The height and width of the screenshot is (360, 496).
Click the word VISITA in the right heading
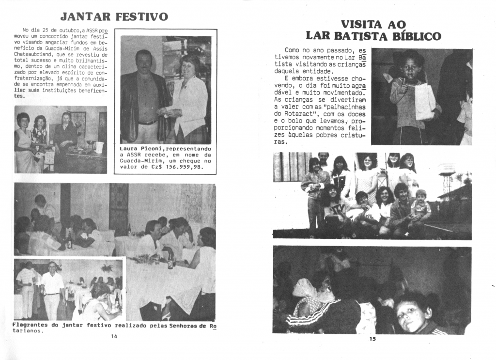tap(361, 25)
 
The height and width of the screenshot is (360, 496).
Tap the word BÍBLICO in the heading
tap(418, 36)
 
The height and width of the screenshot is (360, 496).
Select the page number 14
tap(114, 336)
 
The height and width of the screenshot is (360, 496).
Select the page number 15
tap(372, 339)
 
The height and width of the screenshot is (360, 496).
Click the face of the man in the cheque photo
tap(144, 61)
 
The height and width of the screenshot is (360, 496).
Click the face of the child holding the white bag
tap(411, 67)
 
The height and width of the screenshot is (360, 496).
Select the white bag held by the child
tap(425, 102)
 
